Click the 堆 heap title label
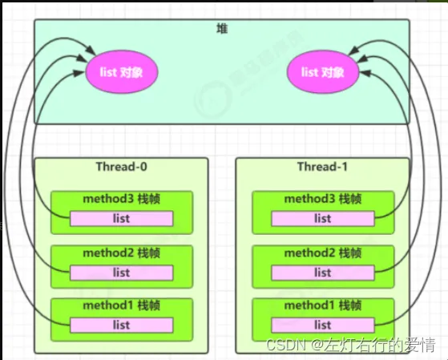222,29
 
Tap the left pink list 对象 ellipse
122,72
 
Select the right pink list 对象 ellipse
323,72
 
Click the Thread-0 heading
122,167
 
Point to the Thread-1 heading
322,167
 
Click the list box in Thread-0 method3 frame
122,219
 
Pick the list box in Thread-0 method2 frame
122,273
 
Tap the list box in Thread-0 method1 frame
122,326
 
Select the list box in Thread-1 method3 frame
323,219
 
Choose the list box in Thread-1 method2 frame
323,273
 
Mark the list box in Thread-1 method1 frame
323,326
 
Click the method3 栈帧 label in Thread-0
122,199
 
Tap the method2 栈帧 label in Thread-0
122,253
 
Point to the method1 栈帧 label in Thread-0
122,305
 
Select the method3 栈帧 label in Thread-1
323,199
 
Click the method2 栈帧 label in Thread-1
323,253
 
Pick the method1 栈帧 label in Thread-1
323,305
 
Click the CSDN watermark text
351,345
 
